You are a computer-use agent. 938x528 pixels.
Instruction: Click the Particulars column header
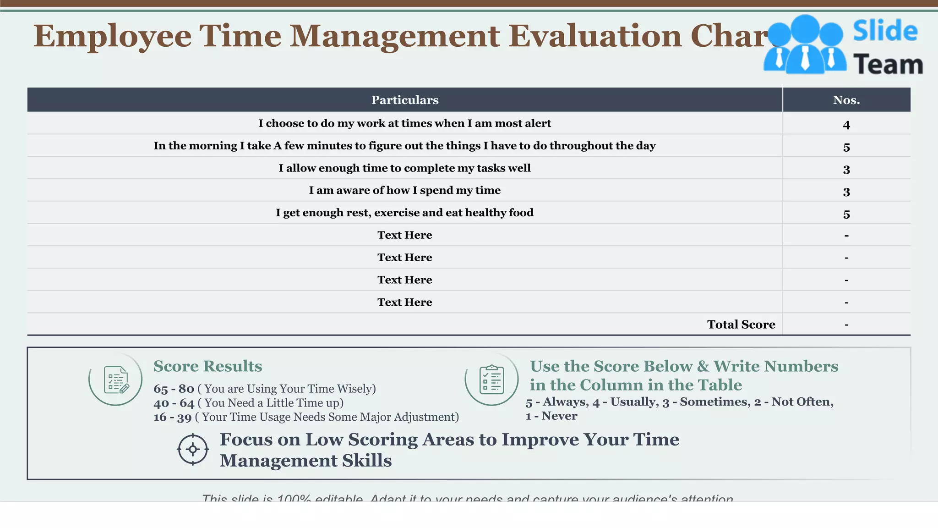point(404,100)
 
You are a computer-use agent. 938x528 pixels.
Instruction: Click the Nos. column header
point(846,100)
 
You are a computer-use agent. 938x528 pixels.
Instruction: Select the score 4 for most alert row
point(846,125)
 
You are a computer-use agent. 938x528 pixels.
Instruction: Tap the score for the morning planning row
point(846,147)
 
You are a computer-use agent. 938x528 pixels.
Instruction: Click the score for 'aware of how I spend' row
point(846,192)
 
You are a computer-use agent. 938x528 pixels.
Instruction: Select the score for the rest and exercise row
point(846,214)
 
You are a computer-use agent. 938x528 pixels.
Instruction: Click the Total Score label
point(741,324)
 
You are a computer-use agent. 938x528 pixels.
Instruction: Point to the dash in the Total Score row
point(846,325)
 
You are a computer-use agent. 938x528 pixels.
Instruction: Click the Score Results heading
point(207,366)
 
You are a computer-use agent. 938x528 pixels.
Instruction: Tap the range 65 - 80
point(174,389)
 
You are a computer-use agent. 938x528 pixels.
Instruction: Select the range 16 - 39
point(172,418)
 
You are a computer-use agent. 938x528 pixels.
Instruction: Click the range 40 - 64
point(174,403)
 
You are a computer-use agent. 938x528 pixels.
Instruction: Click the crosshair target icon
point(193,449)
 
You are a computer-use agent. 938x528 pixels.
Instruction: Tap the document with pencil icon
point(116,379)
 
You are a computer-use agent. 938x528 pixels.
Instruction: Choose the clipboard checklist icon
point(491,379)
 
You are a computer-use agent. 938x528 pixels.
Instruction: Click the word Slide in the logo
point(885,31)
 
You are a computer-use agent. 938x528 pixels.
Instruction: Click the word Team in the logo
point(888,64)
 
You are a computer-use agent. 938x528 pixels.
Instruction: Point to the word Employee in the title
point(112,36)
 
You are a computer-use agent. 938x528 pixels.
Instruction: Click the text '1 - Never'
point(551,416)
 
